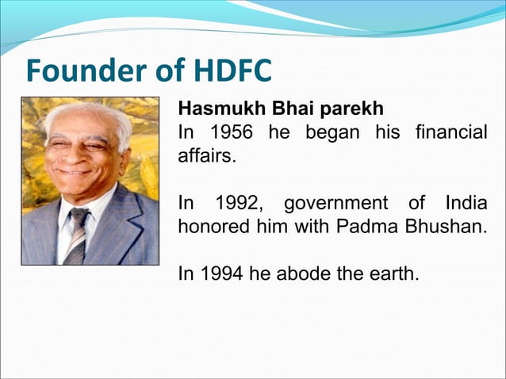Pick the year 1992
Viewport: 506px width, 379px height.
[x=238, y=203]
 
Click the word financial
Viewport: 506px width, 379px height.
[x=450, y=132]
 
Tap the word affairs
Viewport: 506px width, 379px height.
[x=206, y=155]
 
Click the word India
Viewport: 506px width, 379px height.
[x=466, y=203]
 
